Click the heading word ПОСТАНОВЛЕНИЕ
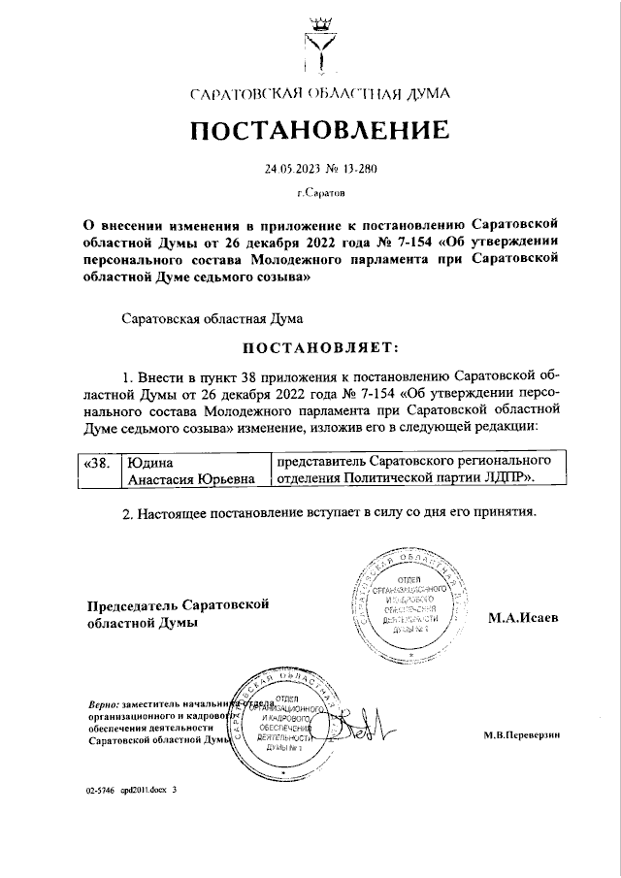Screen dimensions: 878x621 coord(318,130)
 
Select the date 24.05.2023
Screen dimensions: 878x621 coord(291,169)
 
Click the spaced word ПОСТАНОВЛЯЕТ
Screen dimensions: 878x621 coord(319,346)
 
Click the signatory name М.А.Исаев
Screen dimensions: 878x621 coord(522,618)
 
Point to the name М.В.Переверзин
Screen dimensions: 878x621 coord(522,734)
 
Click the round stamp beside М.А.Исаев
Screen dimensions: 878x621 coord(407,601)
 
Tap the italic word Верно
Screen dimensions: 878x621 coord(102,702)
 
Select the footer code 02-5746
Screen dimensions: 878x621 coord(100,791)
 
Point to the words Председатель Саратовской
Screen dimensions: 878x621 coord(178,604)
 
